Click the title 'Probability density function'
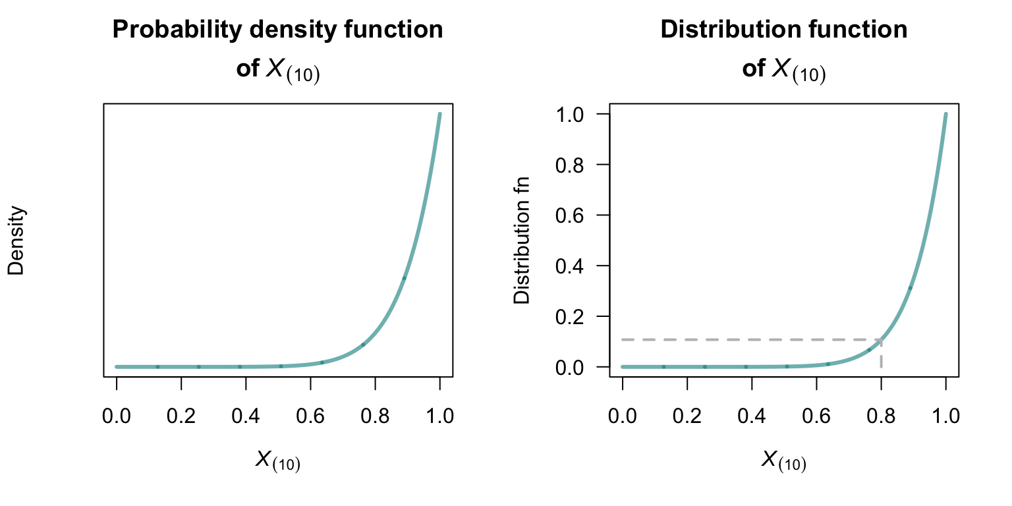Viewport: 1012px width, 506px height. click(x=277, y=30)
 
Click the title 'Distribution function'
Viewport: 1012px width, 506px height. click(x=784, y=30)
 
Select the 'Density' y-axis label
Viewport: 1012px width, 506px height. click(x=16, y=240)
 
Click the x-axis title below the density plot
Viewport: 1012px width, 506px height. click(x=277, y=461)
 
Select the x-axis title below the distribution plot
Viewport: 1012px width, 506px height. click(x=784, y=461)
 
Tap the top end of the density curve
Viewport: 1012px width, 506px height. click(x=439, y=115)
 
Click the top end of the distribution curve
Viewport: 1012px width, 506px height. click(x=945, y=115)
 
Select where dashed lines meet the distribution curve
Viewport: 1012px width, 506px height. click(x=881, y=340)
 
